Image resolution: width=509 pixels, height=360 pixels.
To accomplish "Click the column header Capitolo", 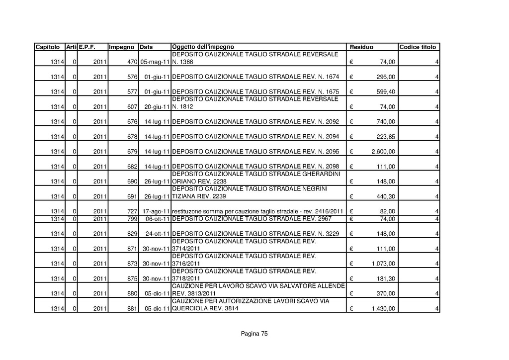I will [x=48, y=47].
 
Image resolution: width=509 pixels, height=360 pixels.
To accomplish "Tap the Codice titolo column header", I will [x=418, y=47].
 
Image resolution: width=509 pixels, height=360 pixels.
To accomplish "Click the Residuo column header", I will [x=362, y=47].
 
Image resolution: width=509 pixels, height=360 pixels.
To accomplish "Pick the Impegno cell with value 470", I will [x=132, y=63].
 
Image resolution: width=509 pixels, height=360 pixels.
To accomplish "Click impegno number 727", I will [x=132, y=212].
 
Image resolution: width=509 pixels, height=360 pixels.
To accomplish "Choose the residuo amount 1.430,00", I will [x=384, y=309].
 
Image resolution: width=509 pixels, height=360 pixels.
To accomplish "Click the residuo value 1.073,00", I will [x=384, y=264].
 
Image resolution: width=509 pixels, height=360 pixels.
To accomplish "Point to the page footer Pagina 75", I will [x=254, y=334].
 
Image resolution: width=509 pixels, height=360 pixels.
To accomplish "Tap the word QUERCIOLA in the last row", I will [x=191, y=308].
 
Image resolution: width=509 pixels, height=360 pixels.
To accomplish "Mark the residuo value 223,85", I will [x=386, y=137].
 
